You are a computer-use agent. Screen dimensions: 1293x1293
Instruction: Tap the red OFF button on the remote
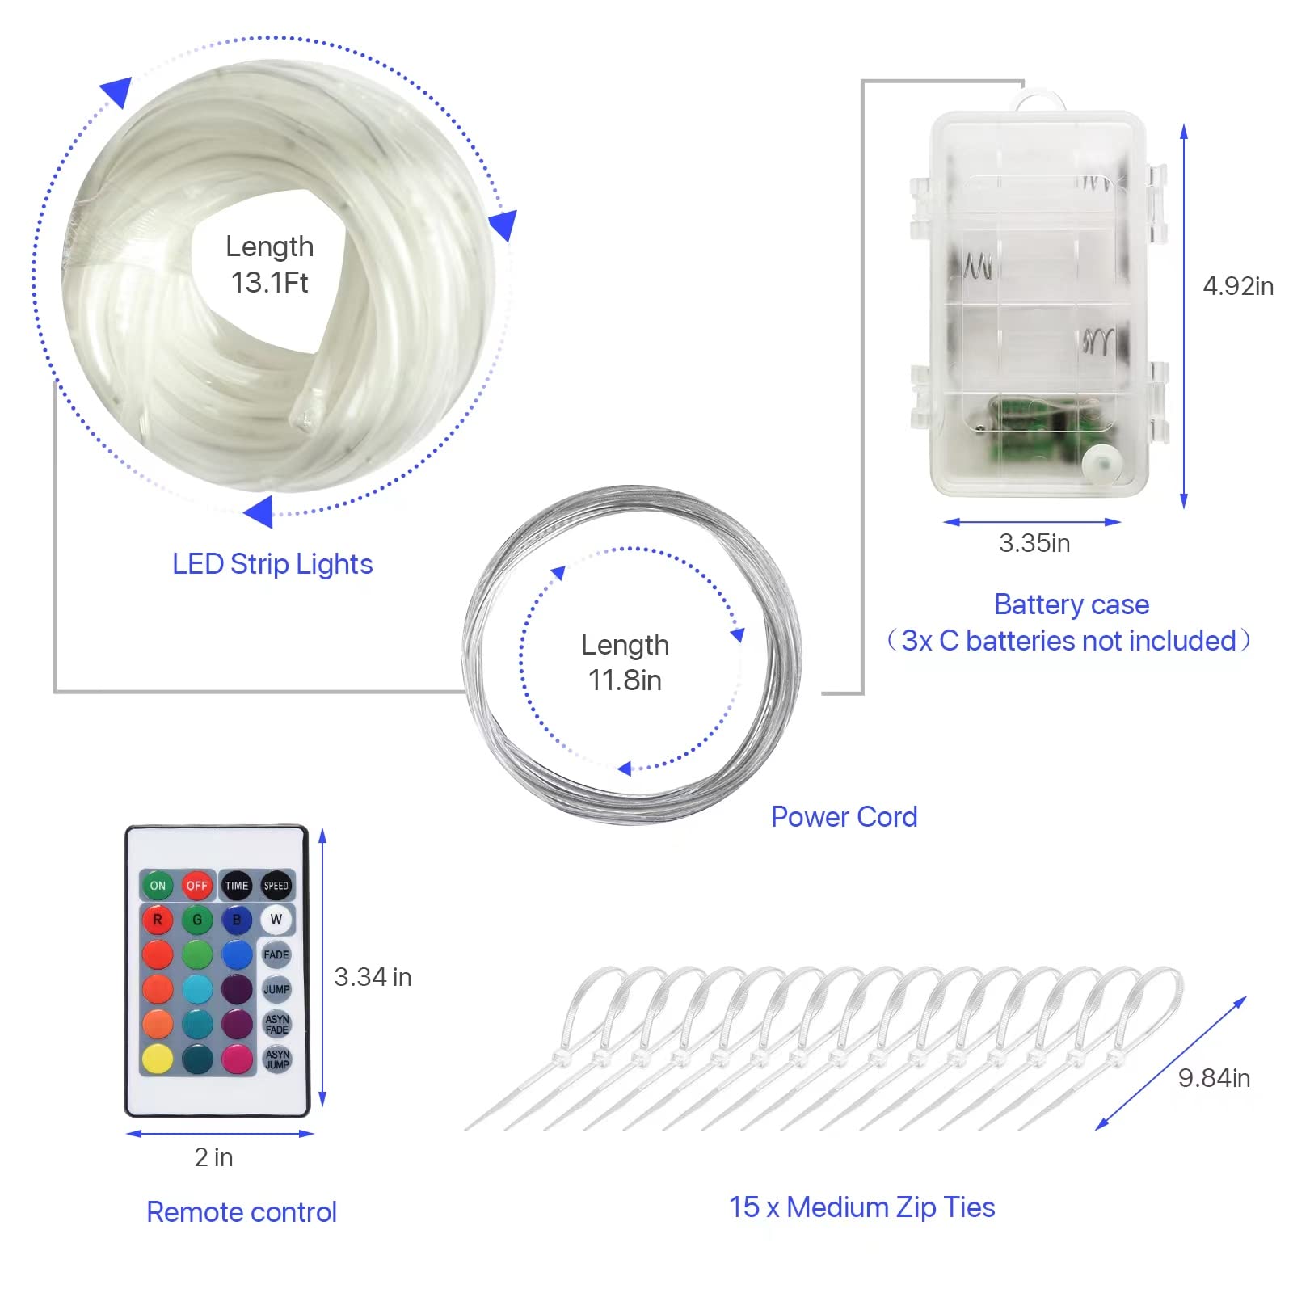click(x=196, y=886)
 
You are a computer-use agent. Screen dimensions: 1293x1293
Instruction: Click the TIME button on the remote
click(x=237, y=886)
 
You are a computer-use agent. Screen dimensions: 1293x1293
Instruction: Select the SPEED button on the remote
click(x=276, y=886)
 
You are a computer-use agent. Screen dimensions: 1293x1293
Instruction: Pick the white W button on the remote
click(x=276, y=920)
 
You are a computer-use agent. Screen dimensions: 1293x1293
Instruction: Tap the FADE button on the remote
click(x=276, y=954)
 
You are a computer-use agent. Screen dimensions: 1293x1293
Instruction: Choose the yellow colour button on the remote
click(x=158, y=1058)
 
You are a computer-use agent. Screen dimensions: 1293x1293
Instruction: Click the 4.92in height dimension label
click(x=1238, y=286)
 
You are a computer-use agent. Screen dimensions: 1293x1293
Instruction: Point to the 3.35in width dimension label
click(x=1034, y=543)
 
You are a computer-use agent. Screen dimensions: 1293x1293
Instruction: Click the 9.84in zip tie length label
click(x=1214, y=1078)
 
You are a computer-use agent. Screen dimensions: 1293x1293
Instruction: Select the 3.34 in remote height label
click(x=373, y=977)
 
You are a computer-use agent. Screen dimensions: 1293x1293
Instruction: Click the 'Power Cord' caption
click(x=844, y=817)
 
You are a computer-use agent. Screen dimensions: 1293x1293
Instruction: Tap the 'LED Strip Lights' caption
click(x=272, y=564)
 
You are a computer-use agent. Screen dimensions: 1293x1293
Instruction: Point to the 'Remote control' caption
click(x=242, y=1212)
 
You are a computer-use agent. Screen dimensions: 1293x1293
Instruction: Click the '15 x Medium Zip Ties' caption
click(x=862, y=1207)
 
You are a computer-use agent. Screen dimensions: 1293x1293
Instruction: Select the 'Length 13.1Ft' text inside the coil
click(x=269, y=264)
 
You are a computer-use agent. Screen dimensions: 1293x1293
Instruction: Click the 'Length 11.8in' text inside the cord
click(x=625, y=663)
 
